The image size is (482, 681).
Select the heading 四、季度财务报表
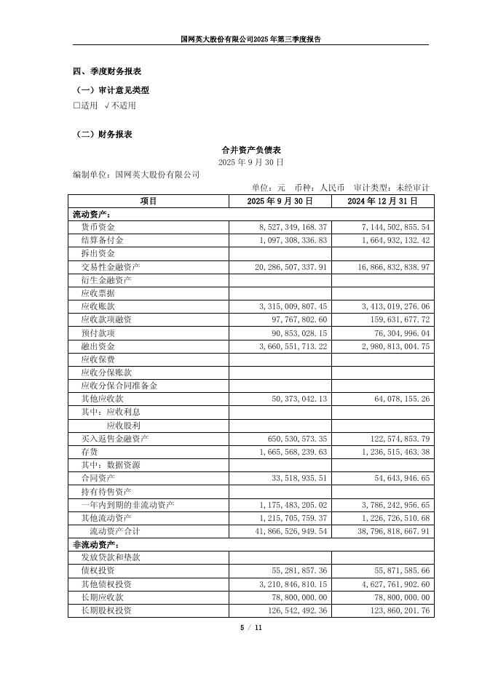click(x=107, y=71)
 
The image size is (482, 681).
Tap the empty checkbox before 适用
click(x=76, y=105)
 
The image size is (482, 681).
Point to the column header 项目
click(x=149, y=201)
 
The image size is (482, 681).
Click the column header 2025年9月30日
click(x=280, y=201)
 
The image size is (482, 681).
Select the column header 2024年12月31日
click(x=382, y=201)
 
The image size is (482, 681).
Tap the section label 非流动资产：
click(x=95, y=544)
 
